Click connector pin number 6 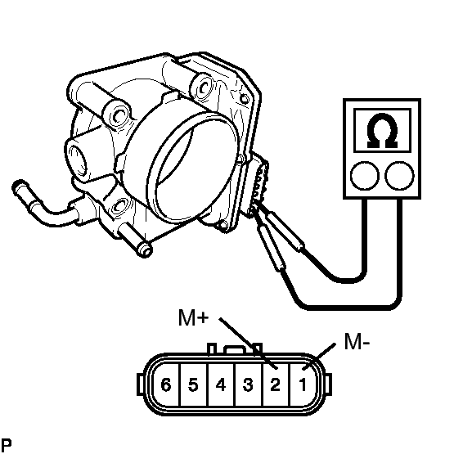pos(166,385)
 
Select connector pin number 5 pos(193,385)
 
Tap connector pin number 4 pos(221,385)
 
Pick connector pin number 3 pos(248,385)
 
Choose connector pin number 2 pos(275,385)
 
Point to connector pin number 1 pos(303,385)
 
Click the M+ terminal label pos(193,317)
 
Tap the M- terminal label pos(357,341)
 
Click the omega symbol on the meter pos(382,131)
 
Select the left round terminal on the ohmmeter pos(365,176)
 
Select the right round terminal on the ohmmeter pos(399,176)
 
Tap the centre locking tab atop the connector pos(235,349)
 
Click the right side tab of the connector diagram pos(328,384)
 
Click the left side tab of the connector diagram pos(141,384)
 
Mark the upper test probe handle pos(285,231)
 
